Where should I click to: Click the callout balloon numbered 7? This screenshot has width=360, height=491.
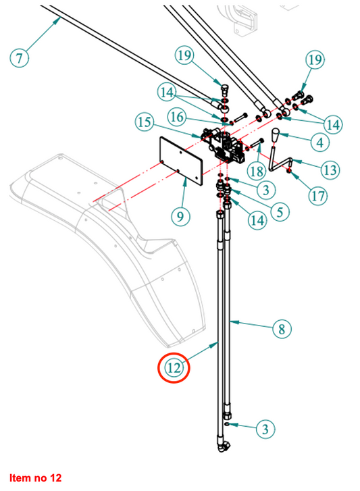click(20, 57)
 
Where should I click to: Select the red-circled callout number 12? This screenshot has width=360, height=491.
click(174, 367)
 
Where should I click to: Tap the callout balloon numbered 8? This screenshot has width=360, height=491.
click(282, 329)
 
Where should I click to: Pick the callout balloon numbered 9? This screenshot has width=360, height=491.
click(180, 216)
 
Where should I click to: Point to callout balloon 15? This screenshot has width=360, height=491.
click(145, 122)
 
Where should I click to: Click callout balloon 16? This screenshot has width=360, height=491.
click(177, 117)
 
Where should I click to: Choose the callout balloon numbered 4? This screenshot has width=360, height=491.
click(320, 143)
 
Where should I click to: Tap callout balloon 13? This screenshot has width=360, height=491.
click(330, 170)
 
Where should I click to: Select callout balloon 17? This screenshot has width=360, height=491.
click(318, 196)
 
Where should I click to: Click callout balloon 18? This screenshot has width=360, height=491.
click(257, 171)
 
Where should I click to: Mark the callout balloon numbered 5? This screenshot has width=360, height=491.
click(280, 211)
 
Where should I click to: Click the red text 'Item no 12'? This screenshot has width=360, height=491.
click(35, 478)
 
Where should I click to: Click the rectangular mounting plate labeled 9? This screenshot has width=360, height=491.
click(181, 159)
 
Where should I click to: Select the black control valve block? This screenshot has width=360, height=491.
click(224, 147)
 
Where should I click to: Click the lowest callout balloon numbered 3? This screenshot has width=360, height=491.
click(265, 429)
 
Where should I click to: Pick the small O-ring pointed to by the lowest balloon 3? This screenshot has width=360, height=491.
click(227, 424)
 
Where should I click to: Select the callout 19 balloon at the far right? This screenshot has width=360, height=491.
click(315, 59)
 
